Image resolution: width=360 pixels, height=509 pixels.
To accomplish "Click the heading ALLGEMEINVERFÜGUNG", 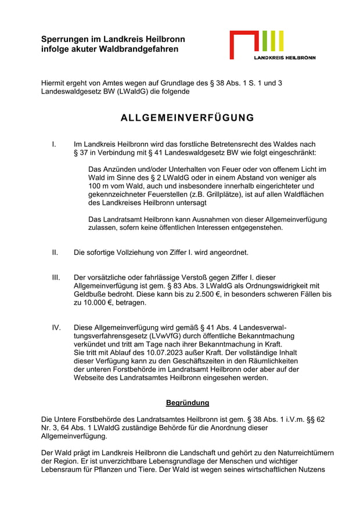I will [187, 118].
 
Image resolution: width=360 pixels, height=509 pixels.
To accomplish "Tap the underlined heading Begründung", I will [187, 402].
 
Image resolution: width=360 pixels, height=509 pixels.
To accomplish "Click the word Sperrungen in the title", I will [64, 39].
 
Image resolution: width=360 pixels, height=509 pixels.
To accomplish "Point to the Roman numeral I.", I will [53, 143].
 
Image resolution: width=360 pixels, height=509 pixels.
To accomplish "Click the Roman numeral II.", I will [55, 252].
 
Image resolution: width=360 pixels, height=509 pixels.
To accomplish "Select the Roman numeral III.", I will [56, 277].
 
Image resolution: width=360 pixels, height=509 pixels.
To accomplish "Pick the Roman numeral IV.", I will [56, 328].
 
